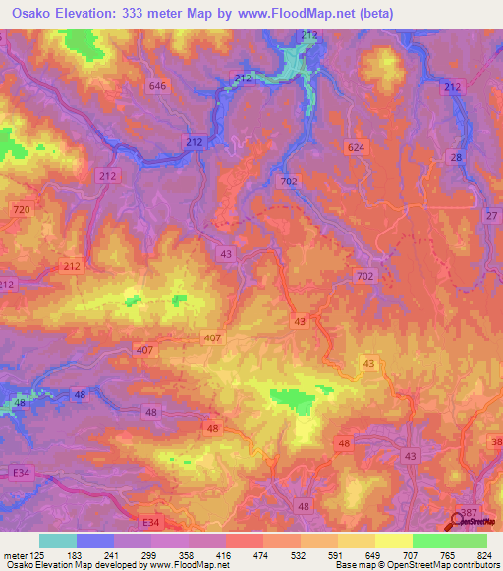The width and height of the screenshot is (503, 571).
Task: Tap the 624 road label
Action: [x=356, y=147]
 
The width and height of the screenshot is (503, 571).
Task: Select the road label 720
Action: [x=24, y=211]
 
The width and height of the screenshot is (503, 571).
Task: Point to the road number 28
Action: [x=455, y=157]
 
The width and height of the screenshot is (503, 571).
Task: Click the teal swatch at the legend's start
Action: [x=58, y=541]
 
